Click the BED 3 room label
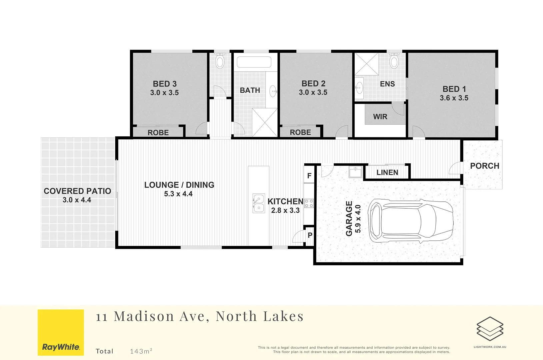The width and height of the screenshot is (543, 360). pos(165,84)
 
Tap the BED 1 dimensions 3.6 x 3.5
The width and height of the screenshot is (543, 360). pos(454,98)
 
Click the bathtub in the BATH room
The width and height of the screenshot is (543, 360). pos(254,62)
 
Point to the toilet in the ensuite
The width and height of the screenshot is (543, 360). pos(394,61)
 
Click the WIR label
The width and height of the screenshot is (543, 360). pos(380,117)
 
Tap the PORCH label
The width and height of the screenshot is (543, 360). pos(484,166)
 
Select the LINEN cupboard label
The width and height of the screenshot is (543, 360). pos(387,173)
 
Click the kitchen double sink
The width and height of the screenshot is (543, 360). pos(258,203)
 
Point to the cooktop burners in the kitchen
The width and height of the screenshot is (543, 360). pos(309,203)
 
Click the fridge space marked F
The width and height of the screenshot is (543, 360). pos(309,176)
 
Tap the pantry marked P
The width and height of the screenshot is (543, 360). pos(310,235)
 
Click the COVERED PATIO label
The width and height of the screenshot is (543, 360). pos(77,191)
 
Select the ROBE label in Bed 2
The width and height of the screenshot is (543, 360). pos(300,132)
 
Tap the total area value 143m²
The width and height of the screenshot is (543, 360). pos(141,351)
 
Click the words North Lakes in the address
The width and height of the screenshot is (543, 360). pos(260,316)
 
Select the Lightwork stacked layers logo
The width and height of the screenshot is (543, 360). pos(490,329)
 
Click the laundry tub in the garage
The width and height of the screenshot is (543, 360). pos(355,173)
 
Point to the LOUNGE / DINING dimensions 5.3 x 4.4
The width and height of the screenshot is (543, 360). pos(178,194)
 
